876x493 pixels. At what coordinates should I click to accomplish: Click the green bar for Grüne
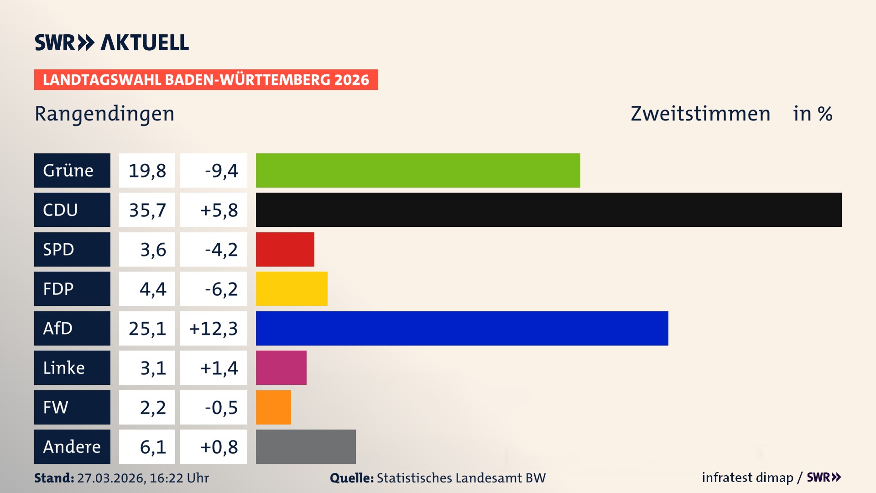pos(418,170)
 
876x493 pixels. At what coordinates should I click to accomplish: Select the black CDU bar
pos(548,210)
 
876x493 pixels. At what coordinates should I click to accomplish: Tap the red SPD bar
pos(285,249)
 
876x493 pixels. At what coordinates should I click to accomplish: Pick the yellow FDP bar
pos(292,288)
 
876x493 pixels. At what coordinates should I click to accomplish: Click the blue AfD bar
pos(462,328)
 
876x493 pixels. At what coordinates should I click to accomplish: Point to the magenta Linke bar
pos(281,367)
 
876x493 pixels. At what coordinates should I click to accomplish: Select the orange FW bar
pos(273,407)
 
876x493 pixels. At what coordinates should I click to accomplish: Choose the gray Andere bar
pos(306,446)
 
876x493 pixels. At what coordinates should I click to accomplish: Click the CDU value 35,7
pos(147,210)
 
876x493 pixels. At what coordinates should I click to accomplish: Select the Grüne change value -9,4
pos(221,171)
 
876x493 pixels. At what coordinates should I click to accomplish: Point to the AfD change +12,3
pos(214,329)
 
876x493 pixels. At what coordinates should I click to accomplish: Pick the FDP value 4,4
pos(152,289)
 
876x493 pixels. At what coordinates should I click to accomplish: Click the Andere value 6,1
pos(152,447)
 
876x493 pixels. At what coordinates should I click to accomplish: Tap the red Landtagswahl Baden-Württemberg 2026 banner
pos(206,79)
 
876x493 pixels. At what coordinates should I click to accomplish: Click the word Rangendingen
pos(104,114)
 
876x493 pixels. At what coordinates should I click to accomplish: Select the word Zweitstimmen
pos(700,114)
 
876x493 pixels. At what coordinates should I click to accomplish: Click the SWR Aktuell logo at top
pos(112,42)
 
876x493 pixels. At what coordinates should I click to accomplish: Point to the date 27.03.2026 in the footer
pos(111,478)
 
